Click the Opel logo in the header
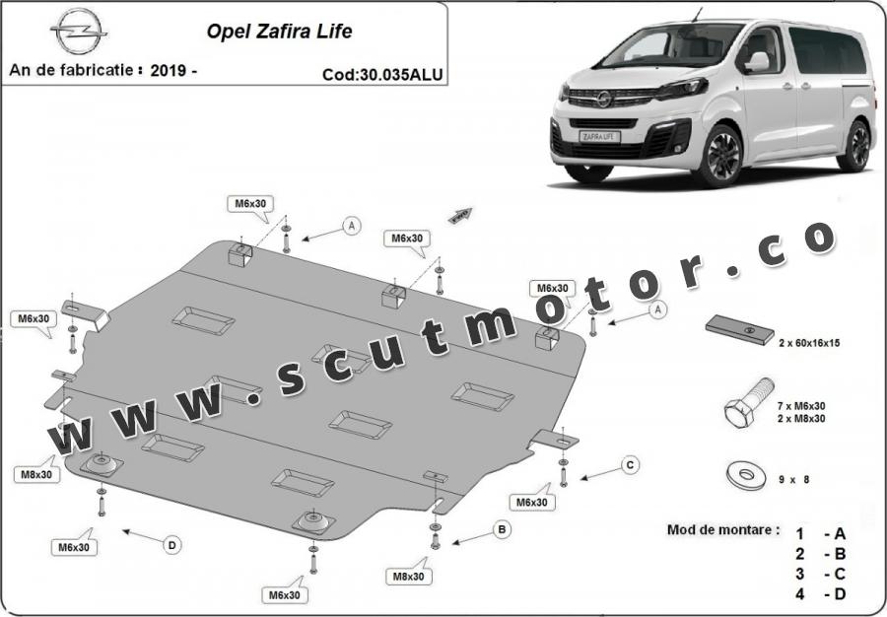[79, 32]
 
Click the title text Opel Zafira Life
[280, 32]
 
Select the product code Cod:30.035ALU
[382, 75]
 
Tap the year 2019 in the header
[168, 71]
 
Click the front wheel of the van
[719, 157]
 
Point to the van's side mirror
[757, 62]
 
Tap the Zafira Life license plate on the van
[600, 136]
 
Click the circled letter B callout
[502, 530]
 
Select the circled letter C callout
[630, 465]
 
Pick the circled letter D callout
[172, 545]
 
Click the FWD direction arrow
[460, 216]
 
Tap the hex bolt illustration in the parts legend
[748, 403]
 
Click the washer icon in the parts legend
[746, 476]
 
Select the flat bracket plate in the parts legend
[740, 330]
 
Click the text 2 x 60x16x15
[809, 343]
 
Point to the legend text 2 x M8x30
[801, 419]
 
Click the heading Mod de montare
[723, 530]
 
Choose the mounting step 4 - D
[820, 593]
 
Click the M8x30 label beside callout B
[409, 577]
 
